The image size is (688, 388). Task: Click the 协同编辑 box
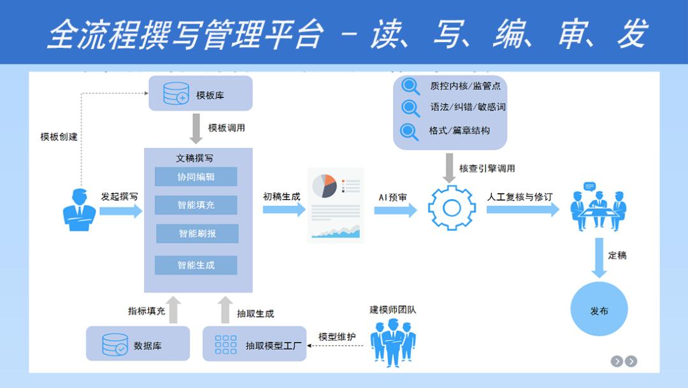196,176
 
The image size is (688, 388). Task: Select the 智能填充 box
196,205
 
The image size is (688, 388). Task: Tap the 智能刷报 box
197,233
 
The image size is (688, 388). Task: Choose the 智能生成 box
196,265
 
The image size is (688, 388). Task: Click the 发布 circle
599,310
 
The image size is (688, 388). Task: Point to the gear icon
451,208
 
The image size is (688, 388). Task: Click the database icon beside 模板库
176,94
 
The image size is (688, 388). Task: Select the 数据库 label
148,346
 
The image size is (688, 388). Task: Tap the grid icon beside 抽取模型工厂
226,344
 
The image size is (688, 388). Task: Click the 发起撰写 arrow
120,211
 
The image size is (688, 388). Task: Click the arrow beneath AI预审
395,210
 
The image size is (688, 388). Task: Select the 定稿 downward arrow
599,258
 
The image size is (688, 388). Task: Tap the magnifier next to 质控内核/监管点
411,85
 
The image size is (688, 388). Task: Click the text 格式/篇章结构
459,131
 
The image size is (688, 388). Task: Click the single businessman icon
79,210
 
